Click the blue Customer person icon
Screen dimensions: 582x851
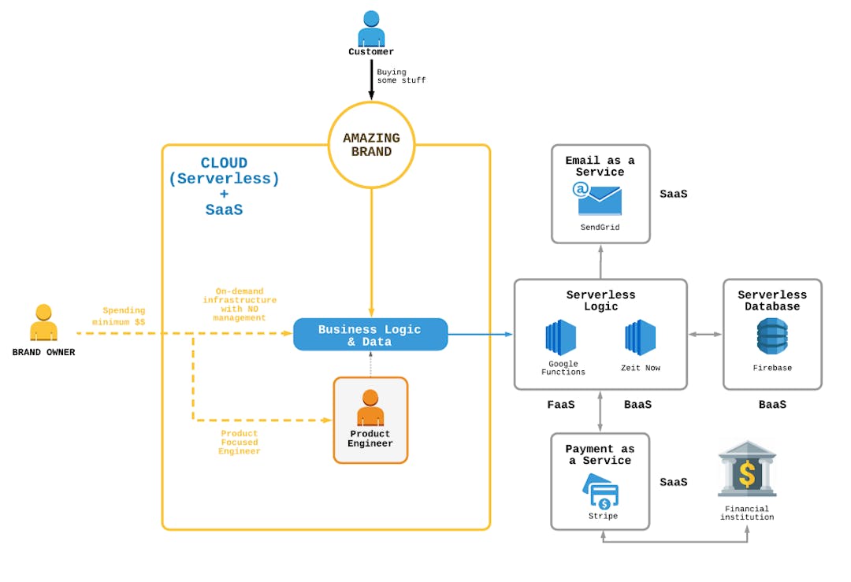[371, 28]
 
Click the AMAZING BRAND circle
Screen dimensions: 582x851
[371, 145]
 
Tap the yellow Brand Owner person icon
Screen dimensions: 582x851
[43, 323]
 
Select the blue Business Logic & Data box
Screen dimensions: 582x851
[370, 335]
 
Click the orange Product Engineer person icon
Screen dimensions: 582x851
[370, 408]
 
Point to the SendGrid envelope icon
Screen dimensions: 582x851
[600, 199]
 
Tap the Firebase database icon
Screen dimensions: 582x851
[772, 337]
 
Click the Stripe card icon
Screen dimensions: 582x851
[602, 492]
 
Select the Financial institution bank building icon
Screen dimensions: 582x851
[747, 469]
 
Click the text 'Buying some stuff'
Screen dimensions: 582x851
[400, 76]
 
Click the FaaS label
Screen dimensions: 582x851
[561, 405]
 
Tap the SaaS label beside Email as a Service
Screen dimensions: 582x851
[674, 194]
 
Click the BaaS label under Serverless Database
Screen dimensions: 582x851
[772, 405]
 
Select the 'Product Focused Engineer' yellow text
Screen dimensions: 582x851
[239, 443]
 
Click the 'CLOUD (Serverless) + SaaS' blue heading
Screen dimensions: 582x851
[224, 187]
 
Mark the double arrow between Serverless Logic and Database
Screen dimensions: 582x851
[705, 335]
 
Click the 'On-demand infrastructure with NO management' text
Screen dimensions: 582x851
[240, 305]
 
